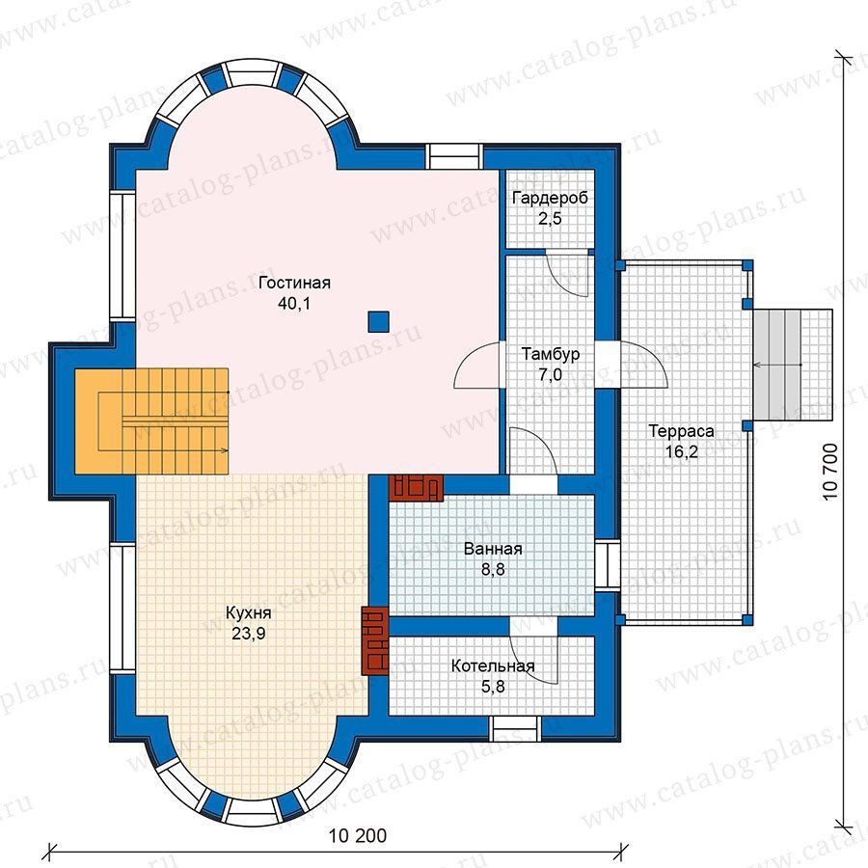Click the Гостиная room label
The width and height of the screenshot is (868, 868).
pos(294,283)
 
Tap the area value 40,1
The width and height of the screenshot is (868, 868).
pos(294,304)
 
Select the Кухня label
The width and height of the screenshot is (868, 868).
pos(249,612)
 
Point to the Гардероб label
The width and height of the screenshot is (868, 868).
pos(550,198)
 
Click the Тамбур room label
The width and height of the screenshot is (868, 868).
pos(551,354)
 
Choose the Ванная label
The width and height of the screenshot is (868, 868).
pos(493,549)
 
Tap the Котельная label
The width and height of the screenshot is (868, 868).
pos(493,665)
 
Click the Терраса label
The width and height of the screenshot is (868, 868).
pos(681,431)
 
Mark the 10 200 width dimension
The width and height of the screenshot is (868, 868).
pos(358,835)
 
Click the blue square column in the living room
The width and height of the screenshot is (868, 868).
pos(379,321)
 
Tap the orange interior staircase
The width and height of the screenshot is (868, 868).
pos(151,421)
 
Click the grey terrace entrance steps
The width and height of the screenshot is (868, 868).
pos(793,365)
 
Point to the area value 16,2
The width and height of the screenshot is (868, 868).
pos(682,452)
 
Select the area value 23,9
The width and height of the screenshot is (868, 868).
pos(249,634)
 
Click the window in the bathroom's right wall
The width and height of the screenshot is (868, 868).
pos(608,564)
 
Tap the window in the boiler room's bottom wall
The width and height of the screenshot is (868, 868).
pos(515,728)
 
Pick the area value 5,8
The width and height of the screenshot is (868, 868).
pos(493,687)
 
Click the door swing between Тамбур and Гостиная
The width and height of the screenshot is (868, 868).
pos(476,365)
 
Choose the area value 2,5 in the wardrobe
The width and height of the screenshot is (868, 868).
pos(550,219)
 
